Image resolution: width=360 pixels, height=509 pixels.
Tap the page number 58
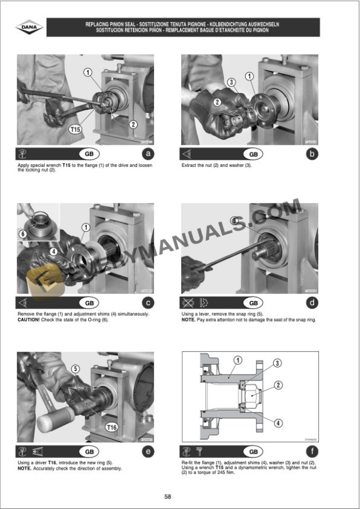pyautogui.click(x=168, y=497)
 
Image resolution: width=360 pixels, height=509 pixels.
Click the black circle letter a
pyautogui.click(x=148, y=154)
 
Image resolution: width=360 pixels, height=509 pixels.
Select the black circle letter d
pyautogui.click(x=312, y=303)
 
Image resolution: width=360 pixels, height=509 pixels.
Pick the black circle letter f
pyautogui.click(x=312, y=452)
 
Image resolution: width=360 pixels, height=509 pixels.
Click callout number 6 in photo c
pyautogui.click(x=23, y=233)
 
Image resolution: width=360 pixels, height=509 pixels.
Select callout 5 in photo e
pyautogui.click(x=76, y=369)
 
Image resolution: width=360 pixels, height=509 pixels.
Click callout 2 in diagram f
pyautogui.click(x=278, y=385)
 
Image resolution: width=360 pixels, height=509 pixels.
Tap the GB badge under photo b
pyautogui.click(x=253, y=154)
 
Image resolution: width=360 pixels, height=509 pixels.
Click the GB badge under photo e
pyautogui.click(x=89, y=452)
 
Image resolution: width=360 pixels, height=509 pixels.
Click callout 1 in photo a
pyautogui.click(x=88, y=72)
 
